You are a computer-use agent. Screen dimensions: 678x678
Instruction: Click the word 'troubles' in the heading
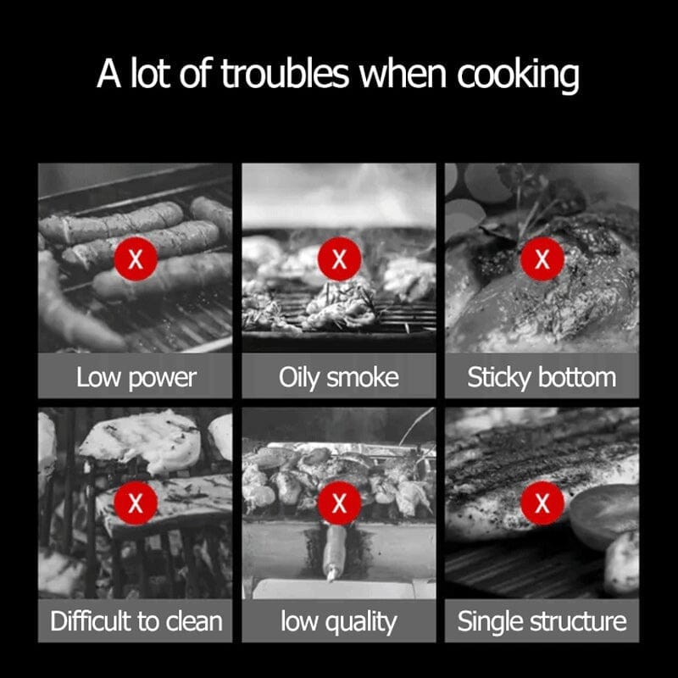[285, 74]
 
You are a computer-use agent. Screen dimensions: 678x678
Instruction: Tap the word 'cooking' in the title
[518, 76]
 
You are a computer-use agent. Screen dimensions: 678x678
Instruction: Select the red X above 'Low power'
[136, 259]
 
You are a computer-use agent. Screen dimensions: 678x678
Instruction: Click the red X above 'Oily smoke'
[339, 259]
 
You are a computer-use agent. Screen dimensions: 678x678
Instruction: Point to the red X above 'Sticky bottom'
[542, 259]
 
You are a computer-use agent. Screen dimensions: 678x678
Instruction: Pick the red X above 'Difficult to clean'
[136, 503]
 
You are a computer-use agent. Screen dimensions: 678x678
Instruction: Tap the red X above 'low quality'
[339, 503]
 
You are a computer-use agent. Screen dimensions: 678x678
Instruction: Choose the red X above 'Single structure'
[542, 503]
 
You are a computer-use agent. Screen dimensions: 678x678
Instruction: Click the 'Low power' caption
[136, 378]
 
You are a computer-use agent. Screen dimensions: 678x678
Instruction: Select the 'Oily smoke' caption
[338, 378]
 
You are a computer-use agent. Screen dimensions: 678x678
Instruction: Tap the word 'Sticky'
[499, 378]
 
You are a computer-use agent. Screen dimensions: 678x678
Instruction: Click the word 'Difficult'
[92, 621]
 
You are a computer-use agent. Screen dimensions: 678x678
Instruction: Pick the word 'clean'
[194, 622]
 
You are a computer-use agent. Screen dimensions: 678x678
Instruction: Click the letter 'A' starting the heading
[108, 74]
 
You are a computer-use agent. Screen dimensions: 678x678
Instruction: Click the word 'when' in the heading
[403, 74]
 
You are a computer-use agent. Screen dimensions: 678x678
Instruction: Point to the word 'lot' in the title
[150, 74]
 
